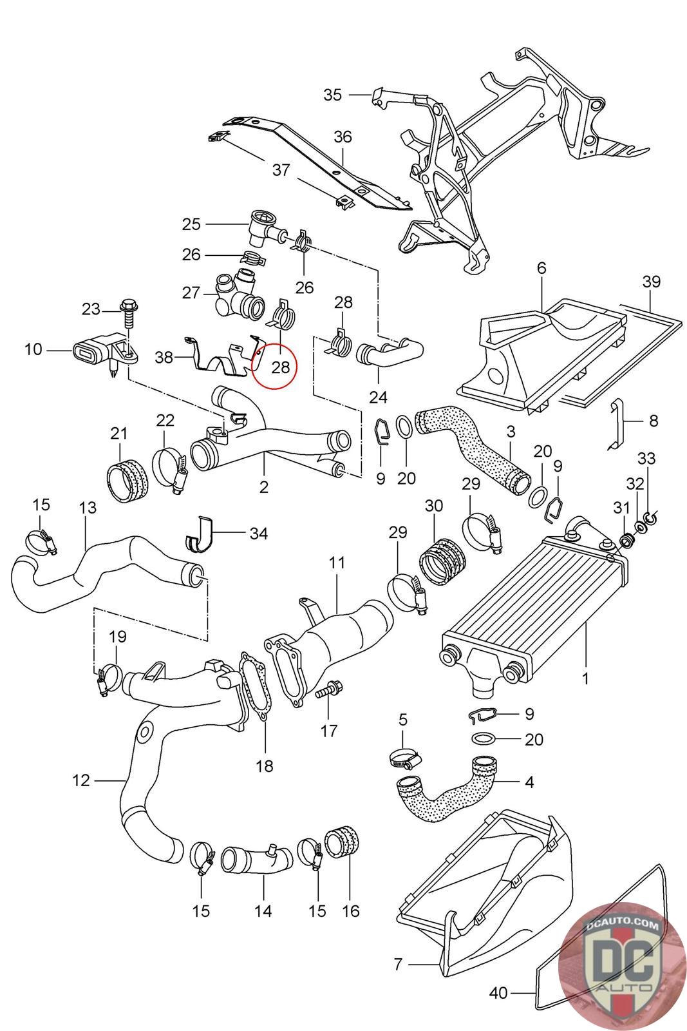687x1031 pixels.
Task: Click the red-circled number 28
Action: click(x=281, y=367)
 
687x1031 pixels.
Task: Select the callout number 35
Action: click(x=332, y=95)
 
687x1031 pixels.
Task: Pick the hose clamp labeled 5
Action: click(x=404, y=760)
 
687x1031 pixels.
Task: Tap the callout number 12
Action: click(x=81, y=781)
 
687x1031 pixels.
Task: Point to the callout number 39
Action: click(x=651, y=282)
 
